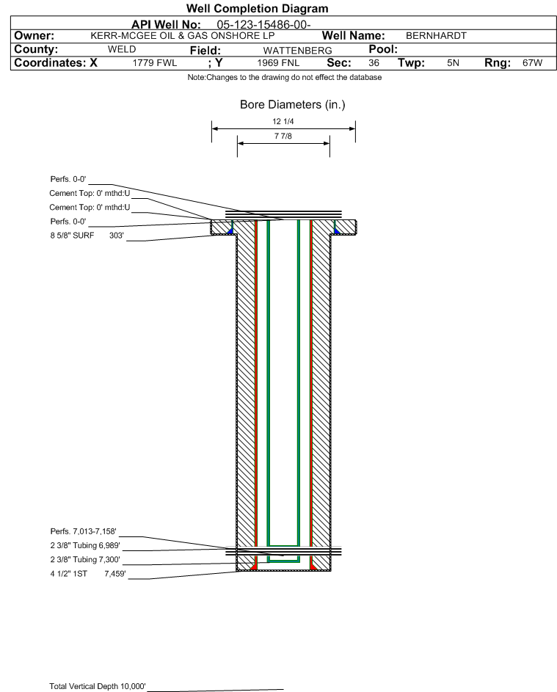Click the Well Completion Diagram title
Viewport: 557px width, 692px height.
(258, 8)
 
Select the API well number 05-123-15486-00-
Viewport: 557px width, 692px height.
(263, 25)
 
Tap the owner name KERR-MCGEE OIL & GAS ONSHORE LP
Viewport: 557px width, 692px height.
(182, 36)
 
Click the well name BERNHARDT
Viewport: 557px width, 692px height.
(436, 36)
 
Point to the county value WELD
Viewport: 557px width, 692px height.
(122, 49)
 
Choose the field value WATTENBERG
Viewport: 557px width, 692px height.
(297, 51)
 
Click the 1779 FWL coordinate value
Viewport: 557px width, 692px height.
(154, 63)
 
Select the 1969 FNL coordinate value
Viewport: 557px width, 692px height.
(278, 63)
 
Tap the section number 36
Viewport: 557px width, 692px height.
(374, 63)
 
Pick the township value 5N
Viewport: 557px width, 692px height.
(453, 63)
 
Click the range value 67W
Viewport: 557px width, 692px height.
(532, 63)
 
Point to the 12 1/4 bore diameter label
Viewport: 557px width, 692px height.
(283, 121)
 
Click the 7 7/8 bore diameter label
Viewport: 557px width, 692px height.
(283, 136)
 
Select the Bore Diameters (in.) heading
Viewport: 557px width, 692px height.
(293, 105)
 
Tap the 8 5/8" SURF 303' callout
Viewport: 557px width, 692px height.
(87, 236)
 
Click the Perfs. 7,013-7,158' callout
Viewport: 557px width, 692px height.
(84, 531)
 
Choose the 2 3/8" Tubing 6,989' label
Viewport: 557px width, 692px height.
(85, 545)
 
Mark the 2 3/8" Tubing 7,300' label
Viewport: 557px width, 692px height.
(85, 560)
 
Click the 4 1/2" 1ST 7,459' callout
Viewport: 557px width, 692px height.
(88, 574)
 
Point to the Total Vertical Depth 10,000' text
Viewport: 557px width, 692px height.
(98, 686)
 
